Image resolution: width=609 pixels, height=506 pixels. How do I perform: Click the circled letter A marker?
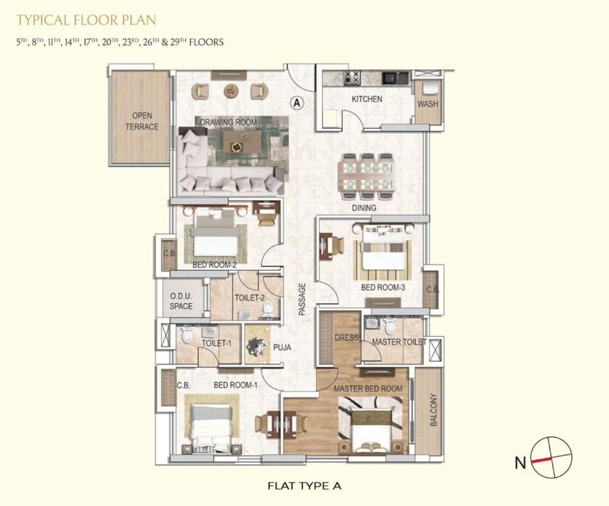tap(297, 103)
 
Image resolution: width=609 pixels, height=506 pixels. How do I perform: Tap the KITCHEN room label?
tap(367, 99)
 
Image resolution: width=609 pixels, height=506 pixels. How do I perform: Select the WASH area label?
tap(428, 104)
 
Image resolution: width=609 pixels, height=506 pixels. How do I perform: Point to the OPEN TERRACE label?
tap(142, 121)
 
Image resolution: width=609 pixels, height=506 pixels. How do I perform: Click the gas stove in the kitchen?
tap(353, 78)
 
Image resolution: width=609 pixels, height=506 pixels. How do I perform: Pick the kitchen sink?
tap(392, 78)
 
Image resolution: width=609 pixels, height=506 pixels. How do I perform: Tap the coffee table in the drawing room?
tap(242, 142)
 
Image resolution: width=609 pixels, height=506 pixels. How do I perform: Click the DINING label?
tap(364, 208)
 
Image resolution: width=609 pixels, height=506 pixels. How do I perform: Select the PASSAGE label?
tap(302, 299)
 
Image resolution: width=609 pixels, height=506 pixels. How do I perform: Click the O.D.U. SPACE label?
tap(181, 301)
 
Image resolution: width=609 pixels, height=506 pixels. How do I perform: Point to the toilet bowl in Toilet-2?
tap(267, 308)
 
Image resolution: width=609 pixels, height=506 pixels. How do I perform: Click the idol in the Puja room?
tap(257, 345)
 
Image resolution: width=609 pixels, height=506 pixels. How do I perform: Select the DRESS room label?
tap(346, 338)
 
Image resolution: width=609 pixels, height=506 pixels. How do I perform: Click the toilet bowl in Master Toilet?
tap(389, 326)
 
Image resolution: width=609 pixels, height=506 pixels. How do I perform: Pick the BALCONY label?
tap(434, 410)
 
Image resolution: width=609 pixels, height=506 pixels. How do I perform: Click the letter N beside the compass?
tap(520, 463)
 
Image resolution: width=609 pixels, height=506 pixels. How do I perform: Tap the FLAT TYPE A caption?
tap(304, 486)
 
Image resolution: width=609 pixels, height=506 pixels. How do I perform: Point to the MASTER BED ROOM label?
tap(368, 389)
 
